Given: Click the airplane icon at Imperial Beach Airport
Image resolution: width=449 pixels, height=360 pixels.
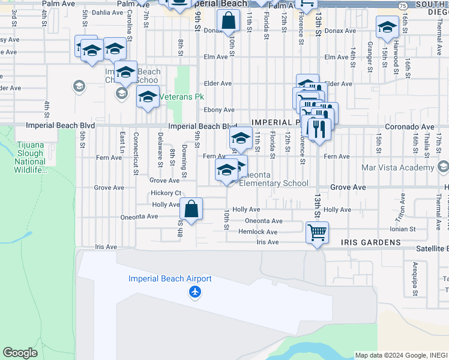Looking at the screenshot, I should [195, 292].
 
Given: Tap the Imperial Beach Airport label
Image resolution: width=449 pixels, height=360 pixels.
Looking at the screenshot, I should [170, 279].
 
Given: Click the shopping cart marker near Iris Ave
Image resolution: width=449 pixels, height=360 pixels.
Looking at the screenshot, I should [317, 231].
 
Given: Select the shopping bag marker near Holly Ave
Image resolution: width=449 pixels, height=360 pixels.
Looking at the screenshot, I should [191, 209].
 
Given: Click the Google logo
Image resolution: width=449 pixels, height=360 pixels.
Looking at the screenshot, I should [19, 353].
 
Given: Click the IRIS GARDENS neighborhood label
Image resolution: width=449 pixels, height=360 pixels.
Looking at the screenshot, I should [370, 242].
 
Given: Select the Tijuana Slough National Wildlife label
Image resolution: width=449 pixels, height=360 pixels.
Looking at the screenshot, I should [30, 157].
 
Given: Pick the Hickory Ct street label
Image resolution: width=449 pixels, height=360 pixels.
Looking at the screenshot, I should [166, 193].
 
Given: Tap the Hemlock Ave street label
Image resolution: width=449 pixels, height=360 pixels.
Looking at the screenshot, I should [258, 232].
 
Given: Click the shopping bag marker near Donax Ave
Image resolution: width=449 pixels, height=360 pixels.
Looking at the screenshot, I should [229, 21].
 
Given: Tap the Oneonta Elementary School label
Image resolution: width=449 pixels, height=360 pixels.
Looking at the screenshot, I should [274, 179].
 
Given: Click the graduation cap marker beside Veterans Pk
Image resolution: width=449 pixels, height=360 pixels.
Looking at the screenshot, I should [148, 96].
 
